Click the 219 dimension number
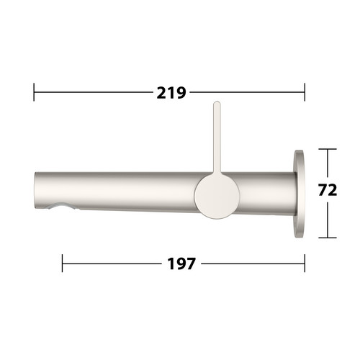click(x=171, y=93)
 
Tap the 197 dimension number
click(x=181, y=264)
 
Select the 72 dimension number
click(x=328, y=189)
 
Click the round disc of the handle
click(x=217, y=196)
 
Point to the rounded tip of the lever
click(x=217, y=103)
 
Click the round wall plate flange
click(x=299, y=194)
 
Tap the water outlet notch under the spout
click(x=59, y=207)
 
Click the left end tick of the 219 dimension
click(x=34, y=92)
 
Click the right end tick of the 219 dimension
click(x=305, y=92)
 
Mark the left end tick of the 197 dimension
click(x=63, y=264)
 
